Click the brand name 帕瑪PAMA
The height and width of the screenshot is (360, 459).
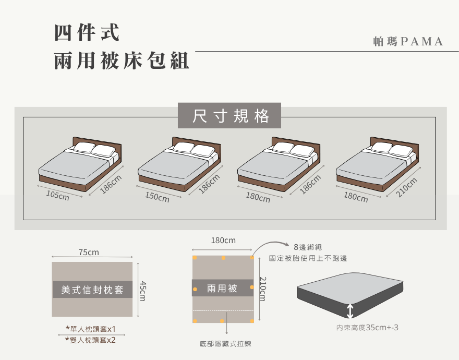point(408,42)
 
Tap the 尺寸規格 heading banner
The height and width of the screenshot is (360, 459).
point(229,116)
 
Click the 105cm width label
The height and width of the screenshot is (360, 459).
point(57,196)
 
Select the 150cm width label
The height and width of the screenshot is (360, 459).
point(157,197)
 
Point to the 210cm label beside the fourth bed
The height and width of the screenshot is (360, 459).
point(407,187)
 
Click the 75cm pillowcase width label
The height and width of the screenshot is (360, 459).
point(89,253)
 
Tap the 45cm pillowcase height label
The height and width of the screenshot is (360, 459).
point(143,291)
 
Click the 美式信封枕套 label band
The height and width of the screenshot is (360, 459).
point(92,290)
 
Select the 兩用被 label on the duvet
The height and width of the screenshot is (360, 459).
point(222,288)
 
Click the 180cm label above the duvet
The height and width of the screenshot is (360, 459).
point(223,241)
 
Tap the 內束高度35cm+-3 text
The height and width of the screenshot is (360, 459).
point(367,328)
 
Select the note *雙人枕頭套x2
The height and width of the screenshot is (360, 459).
point(90,340)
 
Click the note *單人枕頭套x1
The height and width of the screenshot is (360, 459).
point(90,329)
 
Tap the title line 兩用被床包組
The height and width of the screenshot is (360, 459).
point(122,62)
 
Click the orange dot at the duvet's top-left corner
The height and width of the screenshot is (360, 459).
point(195,258)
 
